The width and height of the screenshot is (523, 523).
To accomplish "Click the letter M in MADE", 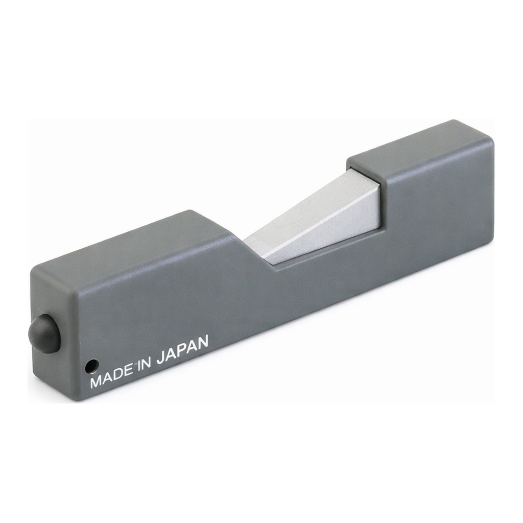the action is pyautogui.click(x=96, y=381).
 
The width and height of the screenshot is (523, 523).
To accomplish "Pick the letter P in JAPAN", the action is pyautogui.click(x=182, y=350).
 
